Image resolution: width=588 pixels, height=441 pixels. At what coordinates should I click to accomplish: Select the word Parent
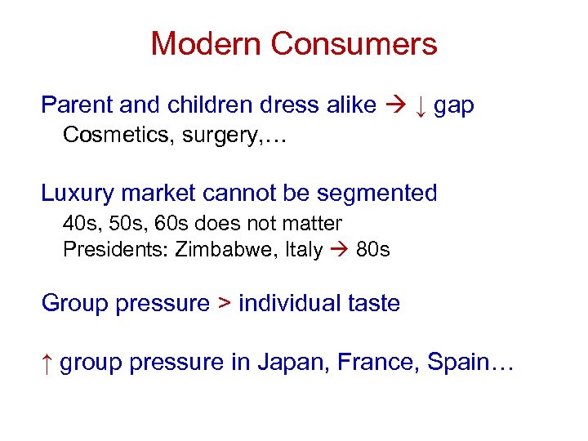pos(77,105)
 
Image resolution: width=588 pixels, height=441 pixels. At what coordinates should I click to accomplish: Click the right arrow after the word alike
pos(394,105)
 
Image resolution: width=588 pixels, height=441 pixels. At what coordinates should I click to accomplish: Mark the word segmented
pos(381,194)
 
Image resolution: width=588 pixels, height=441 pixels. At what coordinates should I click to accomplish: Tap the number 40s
pos(78,222)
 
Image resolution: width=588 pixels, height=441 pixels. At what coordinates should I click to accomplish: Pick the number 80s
pos(373,249)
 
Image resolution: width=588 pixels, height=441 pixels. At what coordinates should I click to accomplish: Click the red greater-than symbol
pos(224,304)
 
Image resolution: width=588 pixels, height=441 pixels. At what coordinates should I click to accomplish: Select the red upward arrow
pos(47,362)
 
